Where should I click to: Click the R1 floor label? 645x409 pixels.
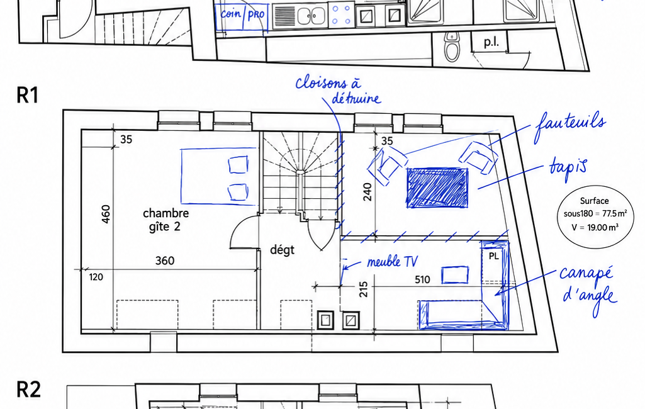point(28,95)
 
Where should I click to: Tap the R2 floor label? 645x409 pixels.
point(28,389)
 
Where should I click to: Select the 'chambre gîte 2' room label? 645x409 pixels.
point(165,220)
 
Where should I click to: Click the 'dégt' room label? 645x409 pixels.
point(282,250)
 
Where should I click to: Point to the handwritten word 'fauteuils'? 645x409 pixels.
point(570,125)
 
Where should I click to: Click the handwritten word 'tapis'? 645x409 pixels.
point(568,168)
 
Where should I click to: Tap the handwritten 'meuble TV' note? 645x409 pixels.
point(392,262)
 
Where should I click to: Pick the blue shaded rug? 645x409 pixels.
point(437,188)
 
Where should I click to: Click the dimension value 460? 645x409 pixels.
point(106,214)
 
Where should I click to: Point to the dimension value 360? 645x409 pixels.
point(164,261)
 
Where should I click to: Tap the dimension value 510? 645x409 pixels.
point(422,280)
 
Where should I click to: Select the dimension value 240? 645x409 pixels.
point(367,192)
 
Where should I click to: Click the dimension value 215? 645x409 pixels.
point(363,289)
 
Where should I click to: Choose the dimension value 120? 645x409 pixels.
point(96,277)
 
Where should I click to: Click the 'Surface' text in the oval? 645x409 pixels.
point(594,201)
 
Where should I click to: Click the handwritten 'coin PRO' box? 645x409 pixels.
point(242,17)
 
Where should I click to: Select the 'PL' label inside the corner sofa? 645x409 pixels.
point(493,256)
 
